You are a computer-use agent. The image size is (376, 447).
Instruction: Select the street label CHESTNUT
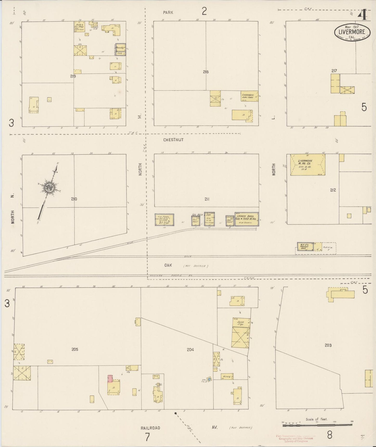[x=173, y=140]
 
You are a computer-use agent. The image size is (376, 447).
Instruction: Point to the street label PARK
[x=168, y=12]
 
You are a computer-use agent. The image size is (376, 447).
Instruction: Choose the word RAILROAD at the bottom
[x=150, y=428]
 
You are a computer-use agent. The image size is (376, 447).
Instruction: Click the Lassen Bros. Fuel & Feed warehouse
[x=246, y=219]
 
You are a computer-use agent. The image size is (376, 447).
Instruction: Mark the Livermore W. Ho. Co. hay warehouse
[x=308, y=165]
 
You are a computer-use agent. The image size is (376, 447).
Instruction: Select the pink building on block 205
[x=110, y=379]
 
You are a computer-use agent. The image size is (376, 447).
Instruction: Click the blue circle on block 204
[x=209, y=379]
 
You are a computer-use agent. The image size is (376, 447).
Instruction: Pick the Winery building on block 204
[x=227, y=376]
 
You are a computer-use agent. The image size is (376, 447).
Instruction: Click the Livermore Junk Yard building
[x=249, y=96]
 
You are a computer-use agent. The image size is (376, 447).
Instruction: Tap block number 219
[x=73, y=76]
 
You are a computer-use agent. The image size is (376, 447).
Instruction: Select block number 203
[x=328, y=345]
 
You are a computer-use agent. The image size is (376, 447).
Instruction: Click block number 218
[x=206, y=72]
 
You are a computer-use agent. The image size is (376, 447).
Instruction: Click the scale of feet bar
[x=317, y=426]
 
